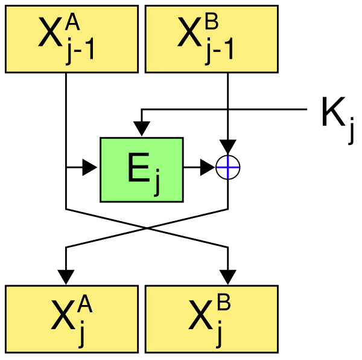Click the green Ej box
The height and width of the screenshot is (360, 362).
tap(142, 170)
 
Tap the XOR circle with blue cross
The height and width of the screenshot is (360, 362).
tap(228, 167)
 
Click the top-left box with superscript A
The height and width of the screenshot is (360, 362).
tap(72, 39)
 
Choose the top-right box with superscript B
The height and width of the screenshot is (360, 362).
tap(212, 39)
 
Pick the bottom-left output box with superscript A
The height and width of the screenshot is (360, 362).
tap(72, 319)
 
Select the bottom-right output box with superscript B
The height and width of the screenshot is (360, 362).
tap(212, 319)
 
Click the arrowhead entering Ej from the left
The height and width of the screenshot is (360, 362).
tap(89, 167)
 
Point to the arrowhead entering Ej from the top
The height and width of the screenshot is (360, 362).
tap(142, 129)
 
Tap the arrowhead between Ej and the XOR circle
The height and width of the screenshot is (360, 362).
tap(208, 167)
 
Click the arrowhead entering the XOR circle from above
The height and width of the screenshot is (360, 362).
tap(228, 147)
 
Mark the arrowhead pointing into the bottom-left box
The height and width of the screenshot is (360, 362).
tap(66, 277)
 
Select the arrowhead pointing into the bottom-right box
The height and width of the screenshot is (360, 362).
tap(228, 277)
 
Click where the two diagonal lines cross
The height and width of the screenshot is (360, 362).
tap(147, 228)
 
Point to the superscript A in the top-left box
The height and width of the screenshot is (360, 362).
tap(72, 23)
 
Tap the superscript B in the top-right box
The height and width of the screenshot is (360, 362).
tap(212, 23)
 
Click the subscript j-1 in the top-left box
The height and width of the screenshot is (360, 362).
tap(80, 50)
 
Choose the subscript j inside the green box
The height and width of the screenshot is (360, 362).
tap(157, 182)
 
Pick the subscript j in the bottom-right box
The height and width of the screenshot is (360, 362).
tap(219, 334)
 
